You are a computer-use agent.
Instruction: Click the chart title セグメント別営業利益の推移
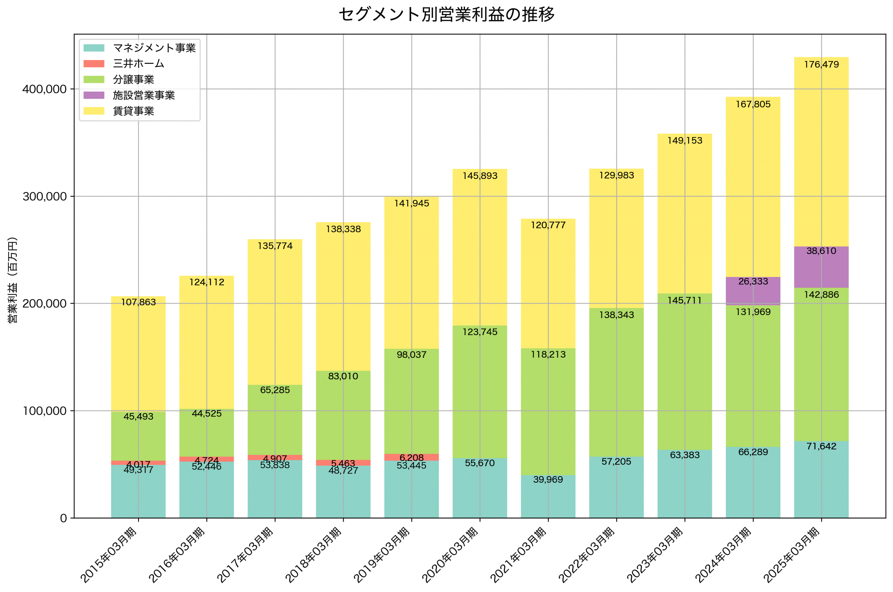tap(446, 14)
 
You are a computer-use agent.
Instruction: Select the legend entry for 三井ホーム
tap(138, 63)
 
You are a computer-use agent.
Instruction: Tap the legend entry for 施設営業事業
tap(144, 95)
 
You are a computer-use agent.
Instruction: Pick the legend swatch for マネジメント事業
tap(93, 48)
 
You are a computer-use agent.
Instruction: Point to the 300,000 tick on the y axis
tap(45, 197)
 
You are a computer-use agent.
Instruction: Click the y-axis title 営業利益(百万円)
tap(13, 280)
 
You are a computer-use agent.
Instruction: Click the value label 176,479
tap(821, 65)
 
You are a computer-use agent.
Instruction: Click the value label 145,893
tap(480, 176)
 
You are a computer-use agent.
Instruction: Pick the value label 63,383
tap(684, 455)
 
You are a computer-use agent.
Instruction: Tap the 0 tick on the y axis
tap(63, 518)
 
